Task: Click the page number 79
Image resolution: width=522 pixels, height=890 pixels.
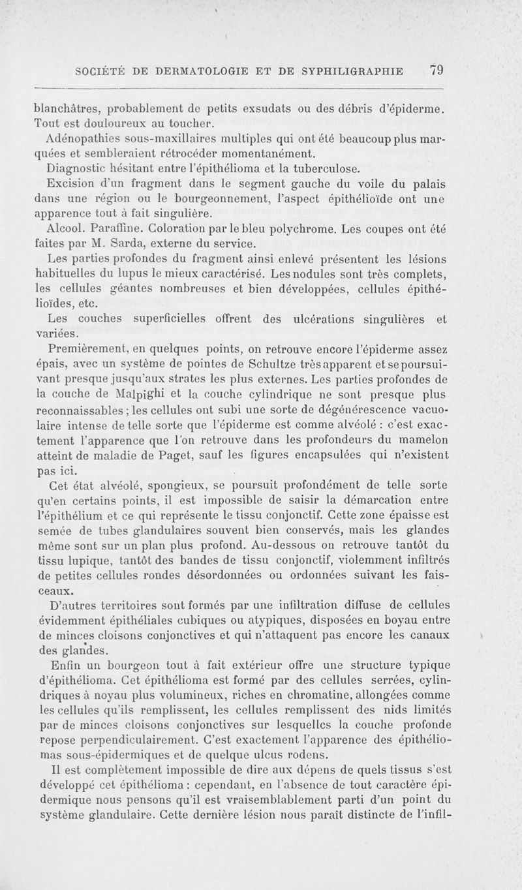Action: click(x=437, y=70)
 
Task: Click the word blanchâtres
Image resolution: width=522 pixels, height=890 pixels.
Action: click(x=65, y=108)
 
